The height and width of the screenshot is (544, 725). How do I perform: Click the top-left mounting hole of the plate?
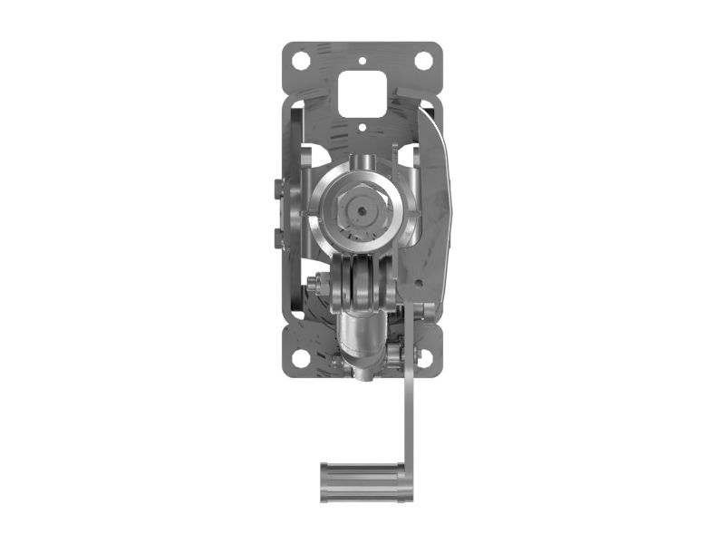(x=302, y=61)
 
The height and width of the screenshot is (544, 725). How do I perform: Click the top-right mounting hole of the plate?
(x=422, y=61)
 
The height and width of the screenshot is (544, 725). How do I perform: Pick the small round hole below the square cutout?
(x=362, y=128)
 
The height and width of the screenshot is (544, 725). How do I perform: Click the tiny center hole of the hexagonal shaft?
(x=362, y=210)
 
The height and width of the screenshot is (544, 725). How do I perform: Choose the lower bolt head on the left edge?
(x=275, y=238)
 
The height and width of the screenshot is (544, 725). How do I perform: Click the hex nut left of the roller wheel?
(x=314, y=284)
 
